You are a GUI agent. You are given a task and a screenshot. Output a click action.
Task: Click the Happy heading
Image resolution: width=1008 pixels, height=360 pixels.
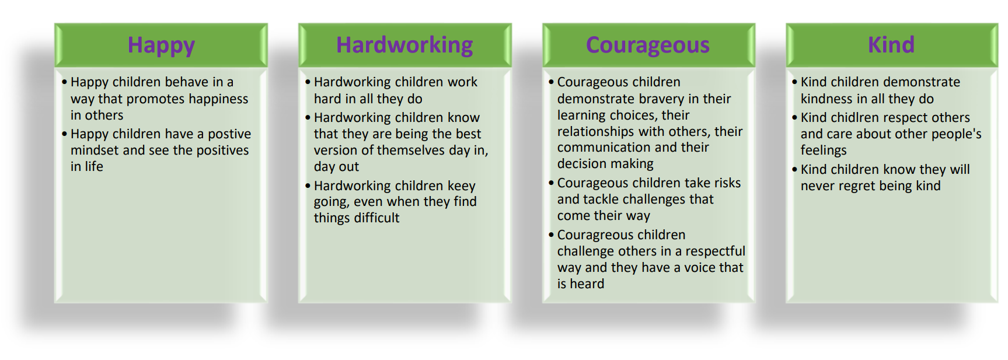tap(161, 46)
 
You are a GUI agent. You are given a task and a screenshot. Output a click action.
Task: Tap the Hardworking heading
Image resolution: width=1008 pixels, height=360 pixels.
tap(404, 46)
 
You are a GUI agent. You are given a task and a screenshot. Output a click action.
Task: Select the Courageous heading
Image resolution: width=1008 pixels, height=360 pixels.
tap(648, 46)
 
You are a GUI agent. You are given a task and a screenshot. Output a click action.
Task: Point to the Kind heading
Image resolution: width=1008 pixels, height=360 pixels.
tap(891, 45)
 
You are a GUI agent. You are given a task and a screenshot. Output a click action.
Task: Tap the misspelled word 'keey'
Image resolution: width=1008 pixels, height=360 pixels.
tap(462, 186)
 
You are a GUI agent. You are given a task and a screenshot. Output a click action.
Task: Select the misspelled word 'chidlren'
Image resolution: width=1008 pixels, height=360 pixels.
tap(855, 118)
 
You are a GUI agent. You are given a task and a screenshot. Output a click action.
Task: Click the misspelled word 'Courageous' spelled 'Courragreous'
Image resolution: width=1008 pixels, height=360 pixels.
tap(592, 235)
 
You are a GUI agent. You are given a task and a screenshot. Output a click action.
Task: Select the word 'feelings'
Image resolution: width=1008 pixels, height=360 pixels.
tap(824, 151)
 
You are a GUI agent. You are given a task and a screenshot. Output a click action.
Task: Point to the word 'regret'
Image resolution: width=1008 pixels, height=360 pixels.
tap(860, 186)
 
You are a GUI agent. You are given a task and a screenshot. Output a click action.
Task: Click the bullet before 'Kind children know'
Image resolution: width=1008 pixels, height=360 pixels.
tap(794, 170)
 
